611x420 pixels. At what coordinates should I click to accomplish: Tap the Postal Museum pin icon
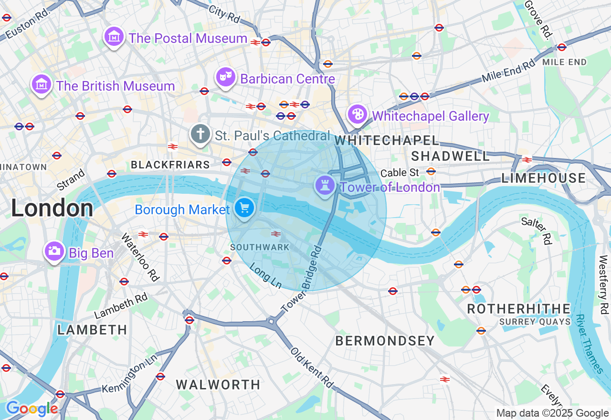pos(114,37)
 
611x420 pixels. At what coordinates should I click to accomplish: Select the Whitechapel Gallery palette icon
pos(357,115)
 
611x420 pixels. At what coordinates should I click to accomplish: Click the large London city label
pos(52,209)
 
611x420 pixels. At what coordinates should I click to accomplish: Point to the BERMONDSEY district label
pos(385,341)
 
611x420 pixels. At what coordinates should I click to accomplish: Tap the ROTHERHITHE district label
pos(518,309)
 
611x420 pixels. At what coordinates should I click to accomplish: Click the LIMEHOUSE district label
pos(544,178)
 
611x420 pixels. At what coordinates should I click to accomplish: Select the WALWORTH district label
pos(218,384)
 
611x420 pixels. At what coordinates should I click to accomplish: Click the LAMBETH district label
pos(92,329)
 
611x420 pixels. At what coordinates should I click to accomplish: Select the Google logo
pos(32,409)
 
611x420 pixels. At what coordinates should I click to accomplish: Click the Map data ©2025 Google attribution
pos(552,413)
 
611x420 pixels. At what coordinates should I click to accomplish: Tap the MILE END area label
pos(564,62)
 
